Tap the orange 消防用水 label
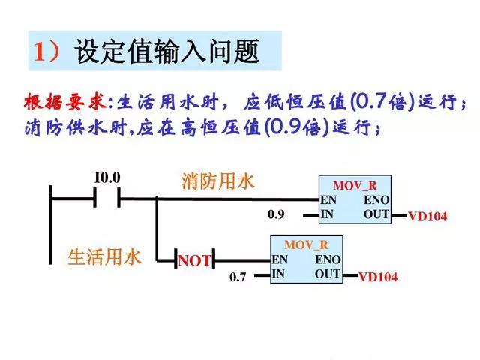coord(217,181)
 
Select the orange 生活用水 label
coord(104,257)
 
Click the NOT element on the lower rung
coord(194,260)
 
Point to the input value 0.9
coord(276,215)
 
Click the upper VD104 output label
coord(427,217)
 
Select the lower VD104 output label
coord(378,277)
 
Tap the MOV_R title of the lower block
coord(306,245)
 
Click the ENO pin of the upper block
coord(376,200)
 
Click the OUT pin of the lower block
coord(328,274)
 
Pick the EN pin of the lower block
coord(279,259)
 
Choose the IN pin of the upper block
coord(327,214)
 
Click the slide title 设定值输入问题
coord(166,52)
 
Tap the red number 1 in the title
coord(40,52)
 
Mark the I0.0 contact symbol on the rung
coord(107,199)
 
